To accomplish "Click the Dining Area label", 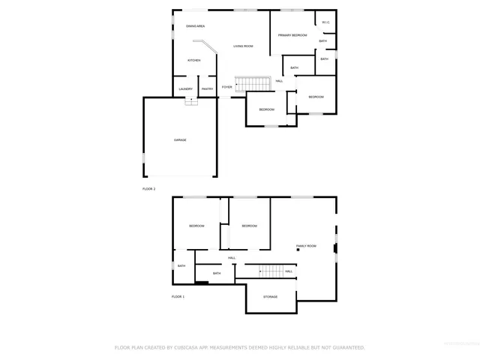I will tap(196, 26).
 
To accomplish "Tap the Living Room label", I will tap(242, 46).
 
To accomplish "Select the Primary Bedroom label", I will tap(292, 35).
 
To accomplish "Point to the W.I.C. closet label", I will tap(325, 22).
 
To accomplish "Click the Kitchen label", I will tap(193, 61).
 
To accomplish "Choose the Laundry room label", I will tap(185, 89).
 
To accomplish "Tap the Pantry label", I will tap(208, 89).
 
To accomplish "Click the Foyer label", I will tap(226, 87).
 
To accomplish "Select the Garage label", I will tap(180, 140).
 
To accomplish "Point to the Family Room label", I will tap(306, 246).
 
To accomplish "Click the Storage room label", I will tap(270, 297).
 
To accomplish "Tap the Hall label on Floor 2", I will tap(279, 81).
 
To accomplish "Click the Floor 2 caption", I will tap(148, 189).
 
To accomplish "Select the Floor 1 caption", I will tap(178, 297).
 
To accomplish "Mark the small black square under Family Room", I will tap(298, 250).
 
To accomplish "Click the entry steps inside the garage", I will tap(191, 102).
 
